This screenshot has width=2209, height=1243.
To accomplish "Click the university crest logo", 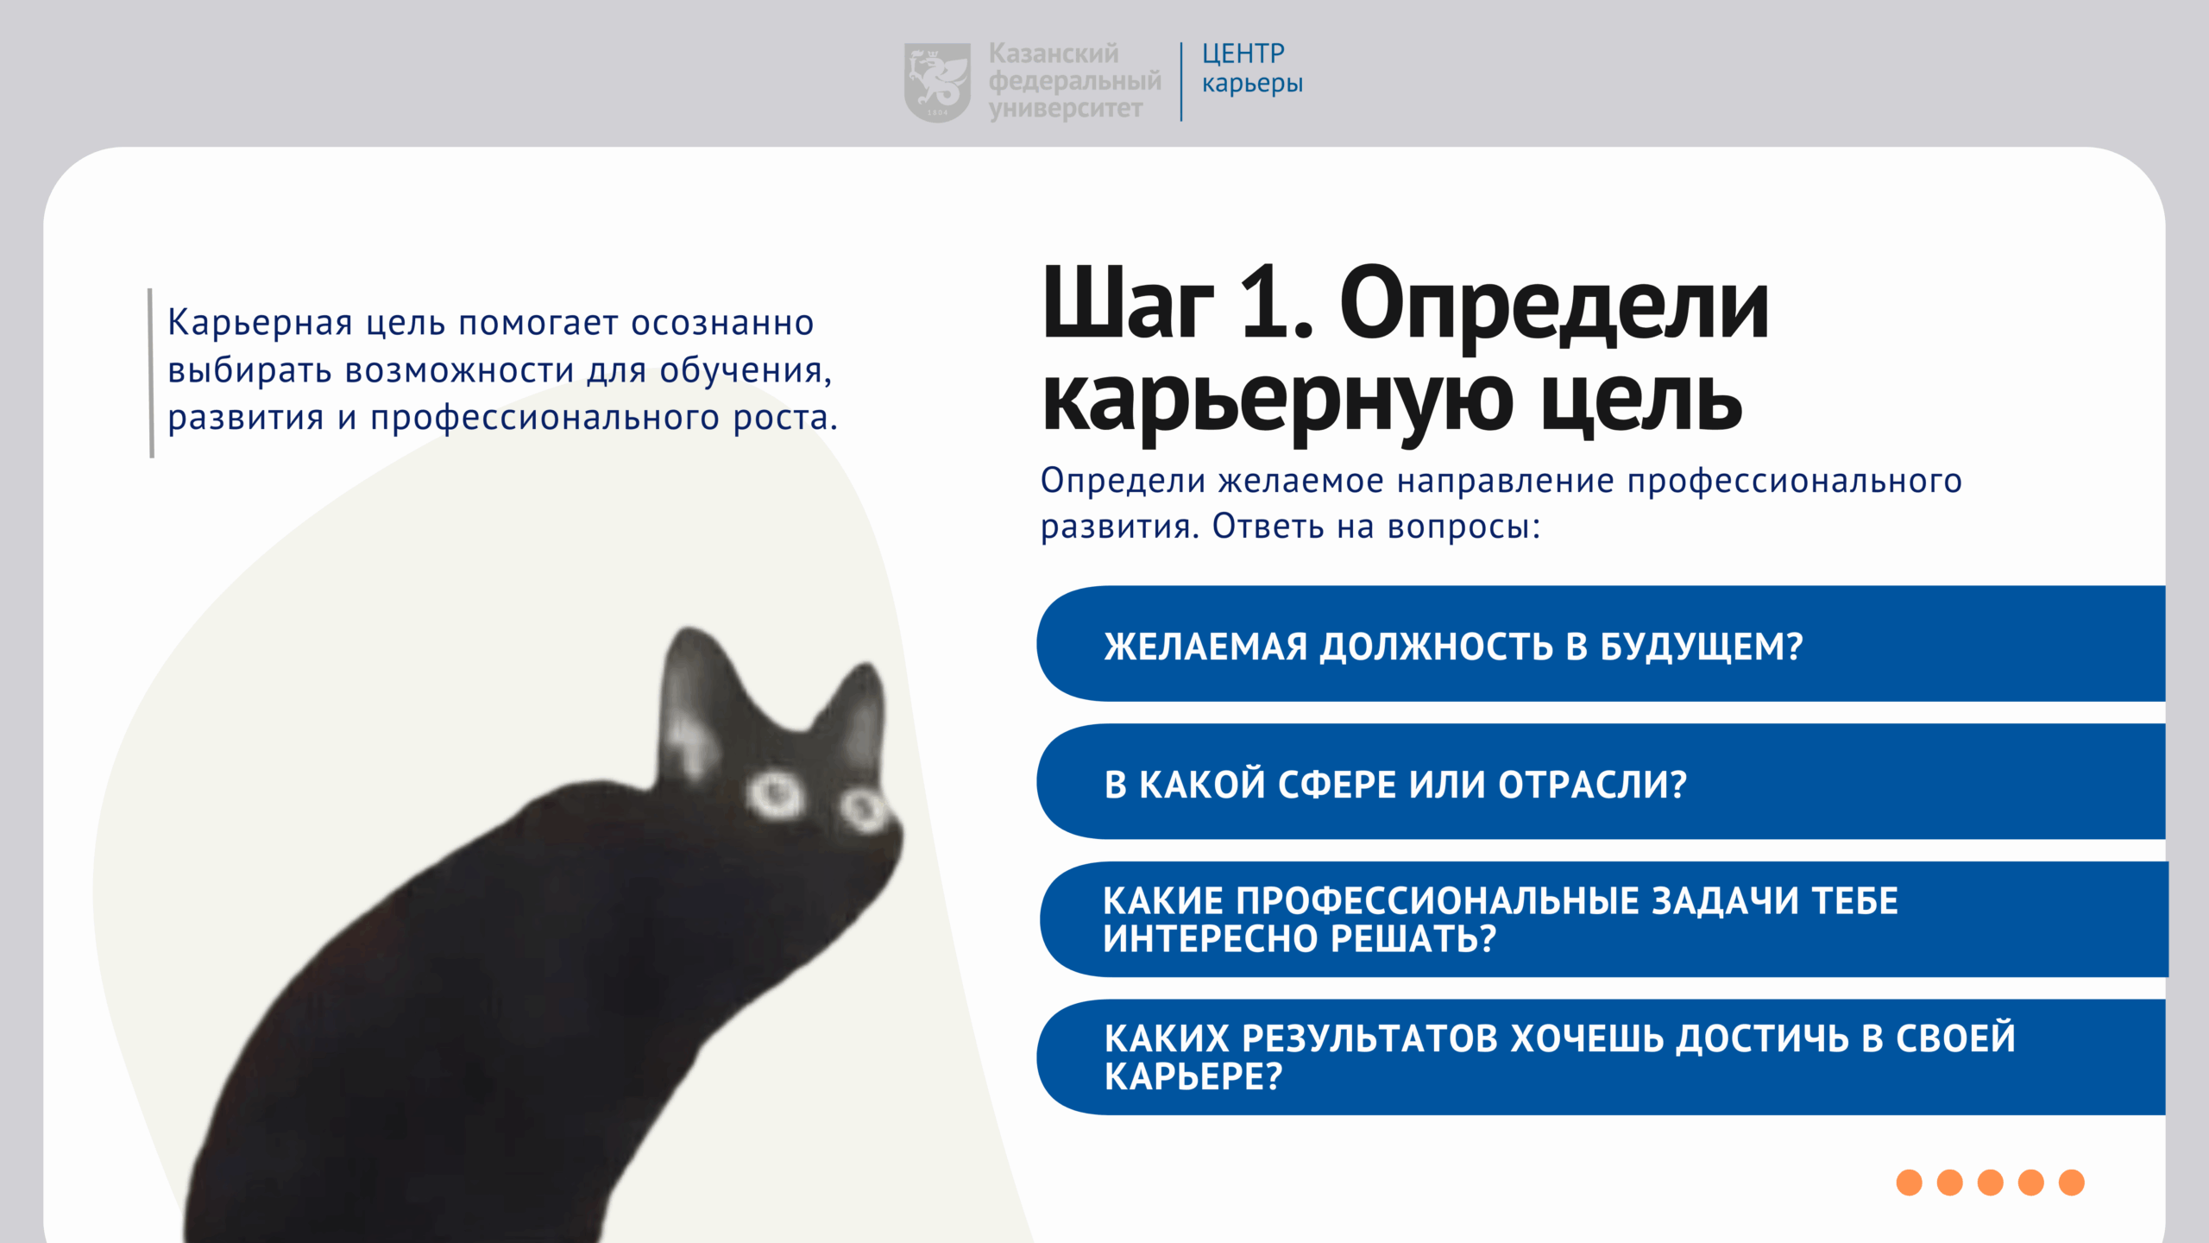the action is [937, 82].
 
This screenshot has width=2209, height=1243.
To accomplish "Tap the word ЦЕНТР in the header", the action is [1243, 54].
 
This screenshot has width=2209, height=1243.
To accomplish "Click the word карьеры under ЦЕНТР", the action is [1252, 84].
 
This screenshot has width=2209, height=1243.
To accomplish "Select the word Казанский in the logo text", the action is [1054, 54].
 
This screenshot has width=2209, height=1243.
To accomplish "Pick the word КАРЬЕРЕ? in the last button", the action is [1193, 1077].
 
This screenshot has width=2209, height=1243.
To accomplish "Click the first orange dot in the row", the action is [1910, 1183].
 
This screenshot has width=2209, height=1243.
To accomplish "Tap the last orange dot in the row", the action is [2072, 1183].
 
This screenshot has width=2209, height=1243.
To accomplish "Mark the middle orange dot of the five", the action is [1991, 1183].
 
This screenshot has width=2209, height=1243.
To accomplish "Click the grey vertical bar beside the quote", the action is [151, 373].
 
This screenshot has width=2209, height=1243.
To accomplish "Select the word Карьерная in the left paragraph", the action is [260, 324].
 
